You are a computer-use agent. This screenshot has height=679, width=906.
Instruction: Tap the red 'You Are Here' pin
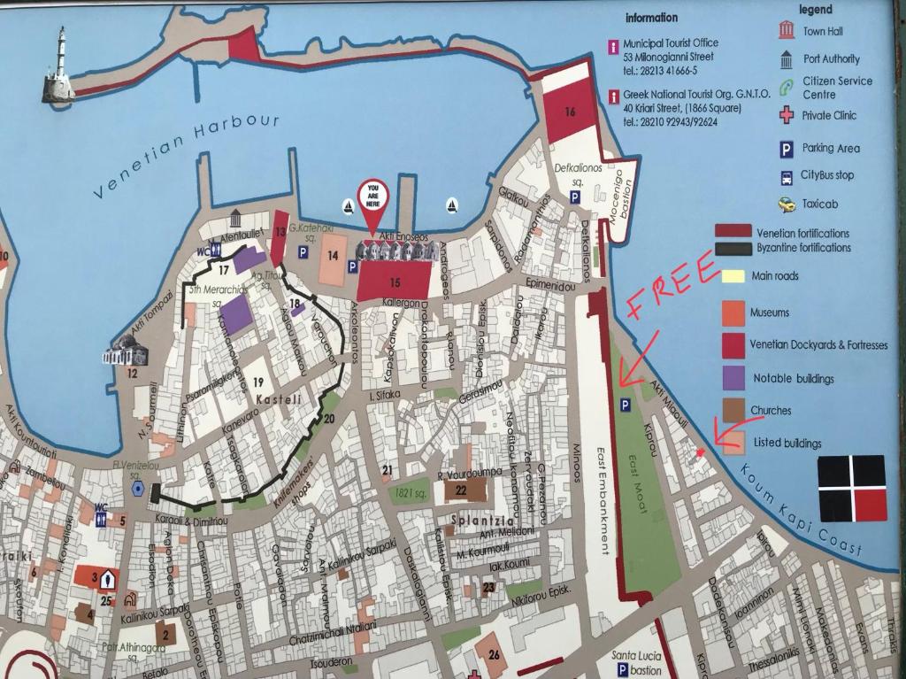point(372,202)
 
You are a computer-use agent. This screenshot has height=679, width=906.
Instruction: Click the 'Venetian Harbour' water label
point(187,155)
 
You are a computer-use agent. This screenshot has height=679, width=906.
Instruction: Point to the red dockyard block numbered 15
point(394,282)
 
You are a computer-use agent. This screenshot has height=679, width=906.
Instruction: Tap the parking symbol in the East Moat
point(625,405)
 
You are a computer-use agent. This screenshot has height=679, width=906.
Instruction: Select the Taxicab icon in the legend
point(786,204)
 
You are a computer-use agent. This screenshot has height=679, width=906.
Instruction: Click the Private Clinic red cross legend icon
point(786,115)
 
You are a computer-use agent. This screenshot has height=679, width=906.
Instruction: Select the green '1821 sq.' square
point(411,491)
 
